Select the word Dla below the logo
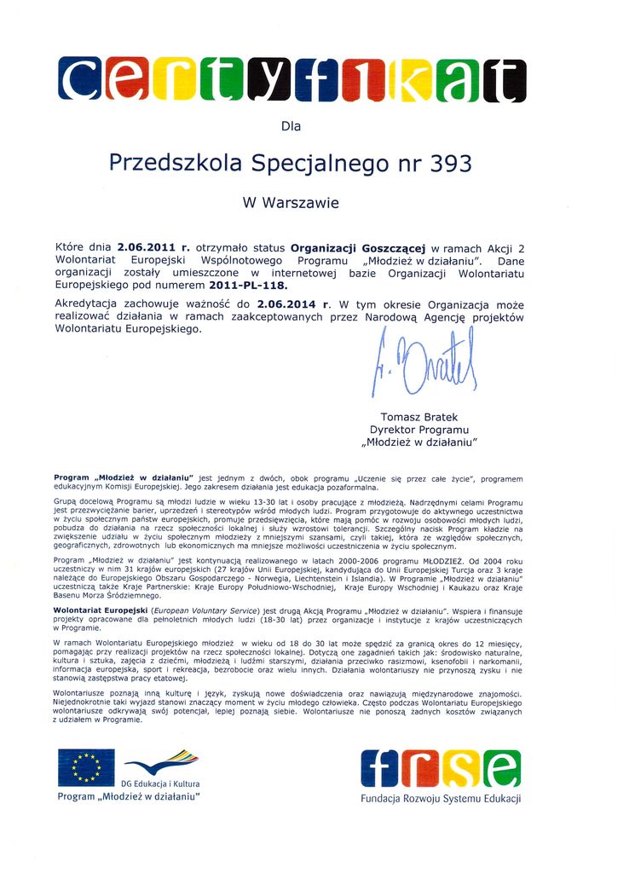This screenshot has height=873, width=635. [x=292, y=126]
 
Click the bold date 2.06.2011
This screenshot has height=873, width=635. [x=147, y=246]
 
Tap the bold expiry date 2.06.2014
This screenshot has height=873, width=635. [x=284, y=304]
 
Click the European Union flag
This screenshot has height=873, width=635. [x=86, y=767]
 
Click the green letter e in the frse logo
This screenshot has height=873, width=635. [x=499, y=770]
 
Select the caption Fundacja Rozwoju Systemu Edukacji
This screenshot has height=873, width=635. [x=440, y=799]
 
